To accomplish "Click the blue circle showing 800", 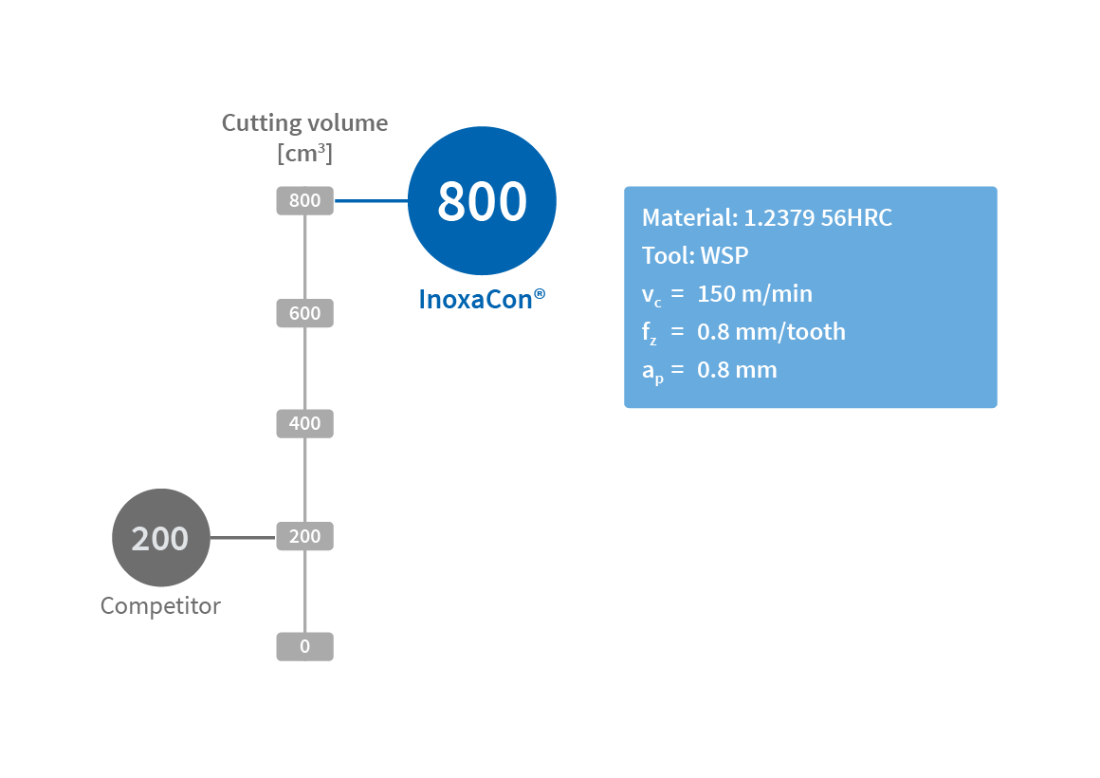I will pos(482,201).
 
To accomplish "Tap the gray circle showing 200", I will pos(160,538).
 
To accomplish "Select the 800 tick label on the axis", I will pos(304,201).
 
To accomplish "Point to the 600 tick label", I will pos(304,313).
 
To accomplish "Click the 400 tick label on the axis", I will pos(304,424).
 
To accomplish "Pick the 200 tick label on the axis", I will pos(304,537).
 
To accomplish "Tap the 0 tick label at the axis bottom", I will pos(304,647).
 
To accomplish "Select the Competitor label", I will pos(160,606).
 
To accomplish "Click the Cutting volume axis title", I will pos(304,122).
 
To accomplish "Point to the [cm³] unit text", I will pos(304,153).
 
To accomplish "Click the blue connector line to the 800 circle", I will pos(371,201).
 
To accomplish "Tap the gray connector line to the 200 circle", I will pos(243,538).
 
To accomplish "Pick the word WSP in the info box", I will pos(724,256).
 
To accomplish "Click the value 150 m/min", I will pos(755,294).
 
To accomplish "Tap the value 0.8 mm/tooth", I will pos(771,332).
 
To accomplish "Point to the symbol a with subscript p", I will pos(652,372).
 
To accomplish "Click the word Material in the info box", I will pos(687,218).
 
